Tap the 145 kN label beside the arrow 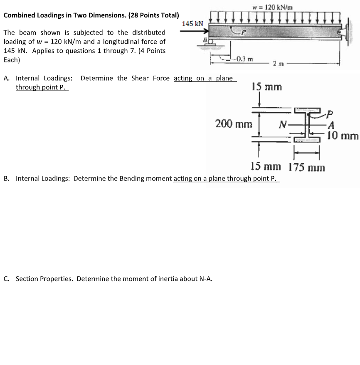[x=193, y=24]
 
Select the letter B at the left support [x=205, y=39]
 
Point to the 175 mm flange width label [x=307, y=167]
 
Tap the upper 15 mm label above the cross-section [x=267, y=87]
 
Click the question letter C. [x=6, y=279]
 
